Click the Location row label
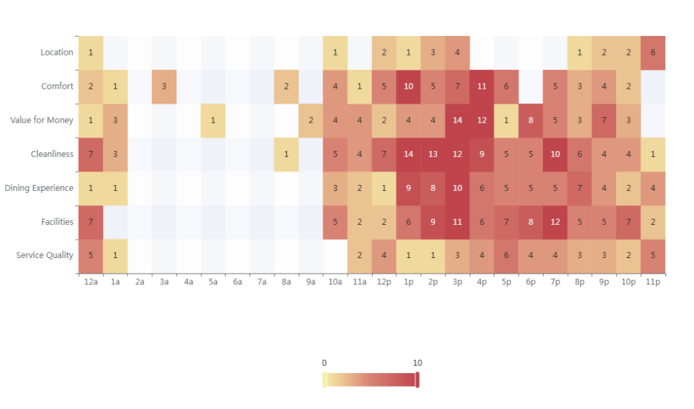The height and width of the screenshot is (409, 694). click(56, 53)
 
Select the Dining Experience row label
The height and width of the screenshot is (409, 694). click(39, 188)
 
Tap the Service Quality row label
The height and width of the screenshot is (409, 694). click(45, 256)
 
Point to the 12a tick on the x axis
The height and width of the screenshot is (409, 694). click(90, 282)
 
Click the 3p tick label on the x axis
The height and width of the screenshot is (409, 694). click(457, 282)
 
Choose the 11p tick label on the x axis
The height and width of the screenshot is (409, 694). click(653, 282)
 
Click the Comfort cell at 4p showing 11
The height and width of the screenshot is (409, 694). click(482, 87)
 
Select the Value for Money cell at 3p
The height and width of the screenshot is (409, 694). click(457, 121)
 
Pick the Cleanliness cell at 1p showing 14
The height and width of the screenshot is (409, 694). click(409, 154)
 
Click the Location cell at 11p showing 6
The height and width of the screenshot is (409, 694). click(653, 53)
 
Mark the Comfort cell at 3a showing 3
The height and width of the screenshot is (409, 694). click(164, 87)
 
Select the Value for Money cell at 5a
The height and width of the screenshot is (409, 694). click(213, 121)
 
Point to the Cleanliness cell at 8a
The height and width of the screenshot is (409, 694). click(286, 154)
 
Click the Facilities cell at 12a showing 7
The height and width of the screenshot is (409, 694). click(90, 222)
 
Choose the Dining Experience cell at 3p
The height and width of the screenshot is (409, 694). click(457, 188)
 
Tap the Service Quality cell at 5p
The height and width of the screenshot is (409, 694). click(506, 256)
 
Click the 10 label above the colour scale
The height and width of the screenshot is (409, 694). click(417, 363)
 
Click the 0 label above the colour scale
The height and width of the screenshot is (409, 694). click(324, 363)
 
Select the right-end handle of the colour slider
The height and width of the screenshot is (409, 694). click(417, 380)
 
